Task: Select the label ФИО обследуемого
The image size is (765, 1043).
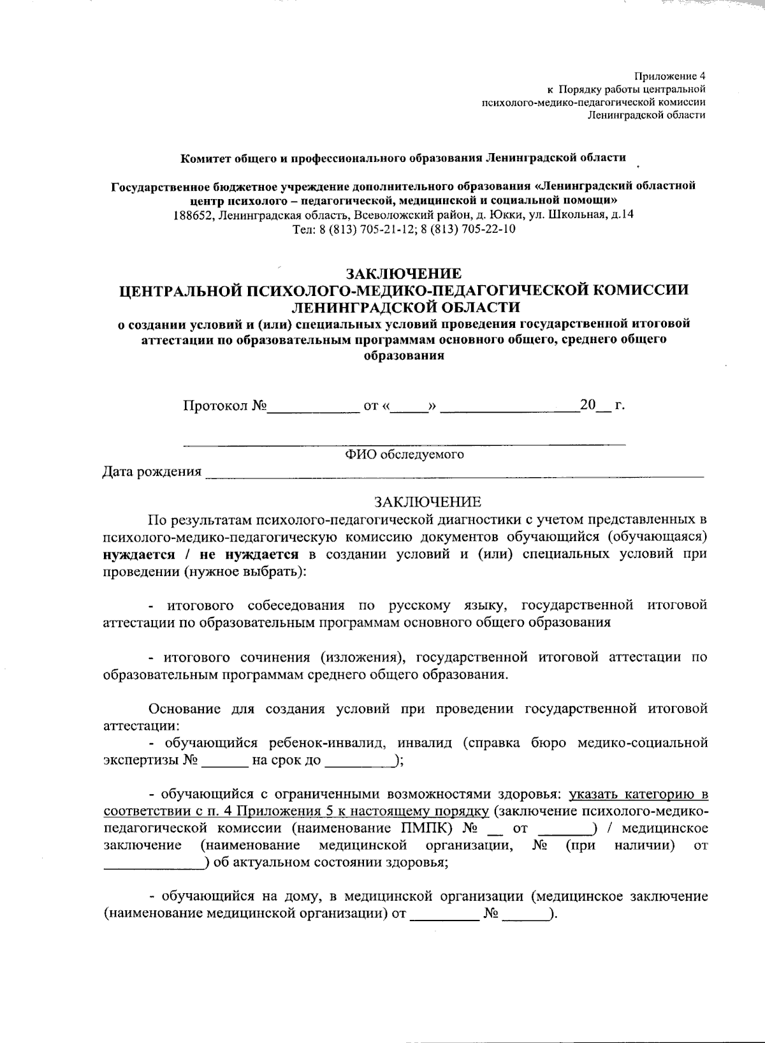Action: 404,454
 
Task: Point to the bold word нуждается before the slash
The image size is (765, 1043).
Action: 139,554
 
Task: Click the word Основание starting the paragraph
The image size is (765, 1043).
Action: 184,708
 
